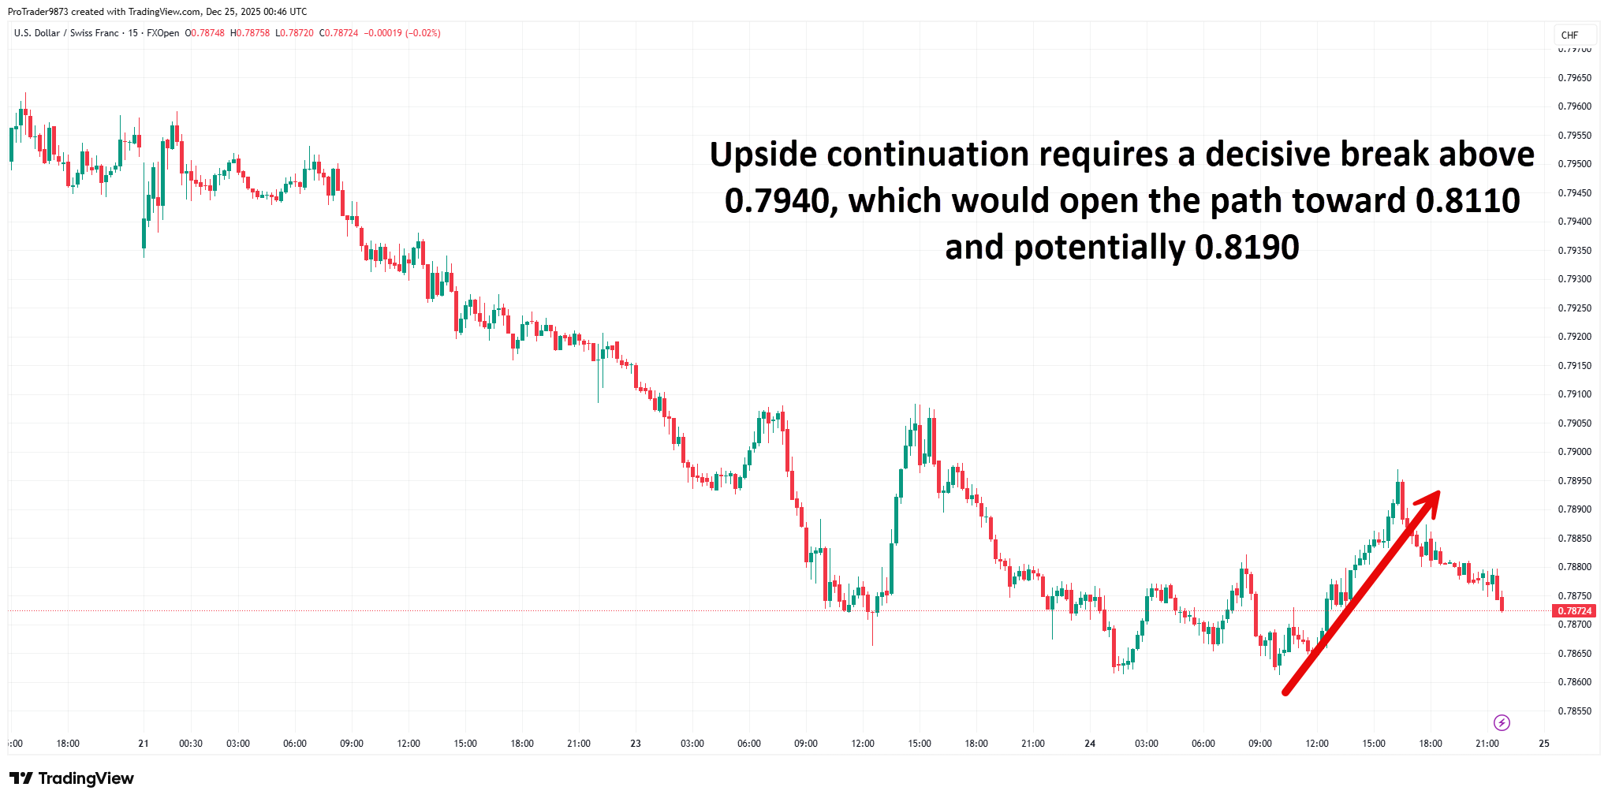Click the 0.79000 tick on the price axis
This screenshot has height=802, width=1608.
coord(1574,452)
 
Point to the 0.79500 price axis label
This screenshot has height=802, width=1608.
coord(1574,164)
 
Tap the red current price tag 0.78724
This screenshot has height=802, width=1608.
coord(1574,611)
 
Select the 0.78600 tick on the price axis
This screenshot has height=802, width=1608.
coord(1574,682)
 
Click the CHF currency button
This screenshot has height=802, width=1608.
coord(1569,35)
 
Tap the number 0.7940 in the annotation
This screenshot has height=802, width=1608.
coord(781,201)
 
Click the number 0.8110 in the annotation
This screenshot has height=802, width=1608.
coord(1468,201)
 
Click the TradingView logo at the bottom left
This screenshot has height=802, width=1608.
coord(72,778)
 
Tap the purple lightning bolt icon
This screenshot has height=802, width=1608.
coord(1502,722)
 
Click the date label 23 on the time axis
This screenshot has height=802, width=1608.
coord(636,744)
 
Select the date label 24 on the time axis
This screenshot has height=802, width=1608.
coord(1090,744)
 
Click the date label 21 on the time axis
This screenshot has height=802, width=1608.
coord(144,744)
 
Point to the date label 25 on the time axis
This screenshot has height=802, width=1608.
coord(1544,744)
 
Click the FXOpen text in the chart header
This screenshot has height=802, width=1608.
coord(162,33)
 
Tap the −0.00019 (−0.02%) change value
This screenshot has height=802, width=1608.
coord(402,33)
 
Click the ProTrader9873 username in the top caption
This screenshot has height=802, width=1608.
coord(38,12)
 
